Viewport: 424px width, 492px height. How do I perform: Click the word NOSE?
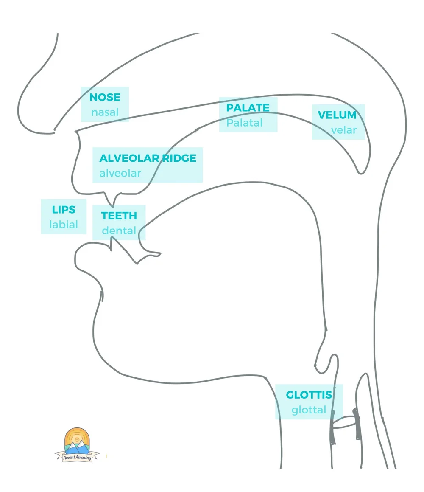[105, 97]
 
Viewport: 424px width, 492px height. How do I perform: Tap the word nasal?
[105, 112]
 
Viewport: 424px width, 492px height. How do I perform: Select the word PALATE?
[248, 108]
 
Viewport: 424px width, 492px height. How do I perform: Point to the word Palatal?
[245, 123]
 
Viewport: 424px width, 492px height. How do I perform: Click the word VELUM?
[337, 115]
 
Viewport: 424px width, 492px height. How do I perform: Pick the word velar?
[344, 130]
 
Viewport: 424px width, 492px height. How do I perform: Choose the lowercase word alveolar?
[120, 173]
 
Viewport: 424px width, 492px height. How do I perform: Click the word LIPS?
[64, 210]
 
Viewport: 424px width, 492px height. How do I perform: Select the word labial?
[64, 224]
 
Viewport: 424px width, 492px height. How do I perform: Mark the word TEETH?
[119, 216]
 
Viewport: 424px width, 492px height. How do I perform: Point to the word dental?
[119, 231]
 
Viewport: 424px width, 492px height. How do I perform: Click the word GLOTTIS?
[309, 395]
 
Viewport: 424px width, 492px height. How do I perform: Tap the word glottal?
[309, 410]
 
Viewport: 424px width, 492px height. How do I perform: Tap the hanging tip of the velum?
[361, 171]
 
